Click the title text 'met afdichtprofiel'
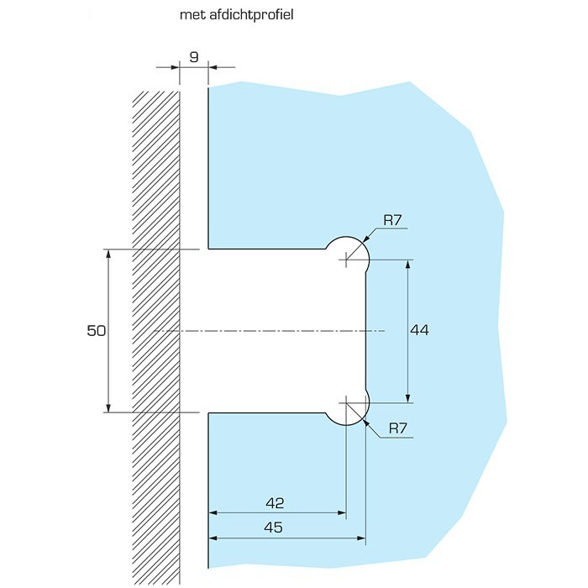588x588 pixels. click(x=236, y=14)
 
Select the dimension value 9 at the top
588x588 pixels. click(x=194, y=57)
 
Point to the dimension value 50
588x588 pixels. click(x=96, y=331)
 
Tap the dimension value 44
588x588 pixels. click(x=419, y=331)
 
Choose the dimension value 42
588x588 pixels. click(x=275, y=503)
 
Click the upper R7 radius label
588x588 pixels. click(x=394, y=221)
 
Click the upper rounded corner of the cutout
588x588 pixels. click(x=346, y=249)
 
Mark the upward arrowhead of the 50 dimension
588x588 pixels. click(x=108, y=255)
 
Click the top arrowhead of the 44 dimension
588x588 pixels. click(x=408, y=265)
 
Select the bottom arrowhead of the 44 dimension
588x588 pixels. click(x=408, y=397)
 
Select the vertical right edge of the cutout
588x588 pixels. click(x=365, y=331)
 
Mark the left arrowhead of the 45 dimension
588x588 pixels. click(x=214, y=538)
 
